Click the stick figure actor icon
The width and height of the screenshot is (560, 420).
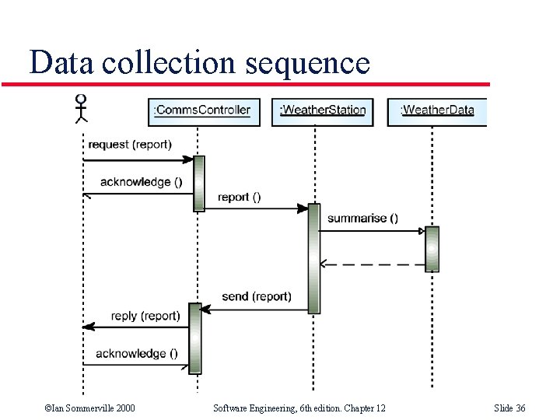coord(81,109)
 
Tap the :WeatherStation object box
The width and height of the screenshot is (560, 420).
coord(322,110)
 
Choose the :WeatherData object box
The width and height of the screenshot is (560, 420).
coord(437,110)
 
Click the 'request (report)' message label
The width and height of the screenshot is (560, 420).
coord(130,145)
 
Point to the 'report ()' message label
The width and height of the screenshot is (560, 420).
coord(239,197)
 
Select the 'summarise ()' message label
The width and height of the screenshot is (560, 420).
coord(362,219)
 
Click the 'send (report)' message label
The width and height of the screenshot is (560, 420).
coord(257,296)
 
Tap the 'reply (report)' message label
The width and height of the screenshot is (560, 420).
coord(145,316)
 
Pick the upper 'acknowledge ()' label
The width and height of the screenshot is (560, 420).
coord(141,182)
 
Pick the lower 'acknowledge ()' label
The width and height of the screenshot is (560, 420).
coord(137,353)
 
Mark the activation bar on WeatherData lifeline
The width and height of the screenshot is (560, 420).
coord(432,249)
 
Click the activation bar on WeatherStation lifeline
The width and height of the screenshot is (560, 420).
coord(313,258)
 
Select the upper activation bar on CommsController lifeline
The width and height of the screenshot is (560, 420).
coord(198,183)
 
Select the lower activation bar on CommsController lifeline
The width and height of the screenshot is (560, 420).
coord(194,338)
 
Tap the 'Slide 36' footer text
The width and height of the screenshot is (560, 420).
coord(509,408)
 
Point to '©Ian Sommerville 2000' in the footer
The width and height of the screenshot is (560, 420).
coord(89,408)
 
